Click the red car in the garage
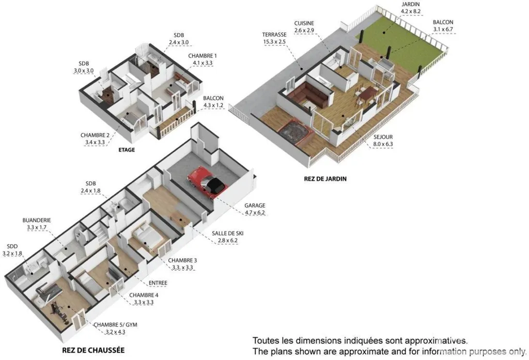pyautogui.click(x=207, y=182)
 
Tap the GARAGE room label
pyautogui.click(x=255, y=205)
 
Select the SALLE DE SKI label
pyautogui.click(x=227, y=233)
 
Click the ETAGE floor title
pyautogui.click(x=127, y=150)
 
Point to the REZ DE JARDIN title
pyautogui.click(x=325, y=179)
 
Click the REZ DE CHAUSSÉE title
pyautogui.click(x=93, y=350)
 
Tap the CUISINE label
pyautogui.click(x=304, y=23)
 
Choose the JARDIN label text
pyautogui.click(x=411, y=4)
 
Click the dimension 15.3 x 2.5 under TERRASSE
pyautogui.click(x=274, y=42)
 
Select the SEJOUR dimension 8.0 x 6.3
pyautogui.click(x=383, y=144)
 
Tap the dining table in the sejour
pyautogui.click(x=368, y=93)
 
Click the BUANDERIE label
pyautogui.click(x=37, y=221)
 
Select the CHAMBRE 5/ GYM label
pyautogui.click(x=115, y=324)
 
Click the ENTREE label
pyautogui.click(x=158, y=283)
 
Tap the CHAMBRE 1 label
pyautogui.click(x=203, y=56)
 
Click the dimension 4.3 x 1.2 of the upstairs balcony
pyautogui.click(x=213, y=105)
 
